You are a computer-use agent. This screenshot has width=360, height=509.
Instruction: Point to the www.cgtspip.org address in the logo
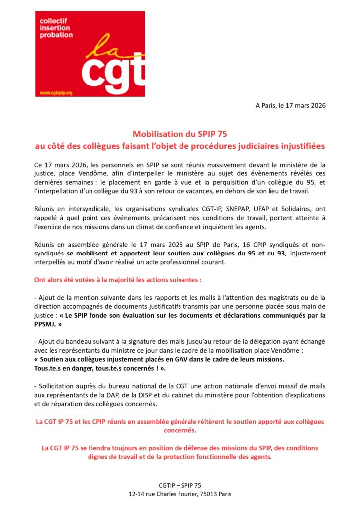pos(56,93)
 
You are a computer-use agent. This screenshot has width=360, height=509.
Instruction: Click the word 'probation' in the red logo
pos(56,35)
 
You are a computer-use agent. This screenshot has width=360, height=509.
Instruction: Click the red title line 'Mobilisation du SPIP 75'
pos(180,134)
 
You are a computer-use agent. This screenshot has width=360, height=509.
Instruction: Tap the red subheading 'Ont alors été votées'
pos(117,280)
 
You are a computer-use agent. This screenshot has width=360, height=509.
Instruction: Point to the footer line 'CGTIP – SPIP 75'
pos(180,485)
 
